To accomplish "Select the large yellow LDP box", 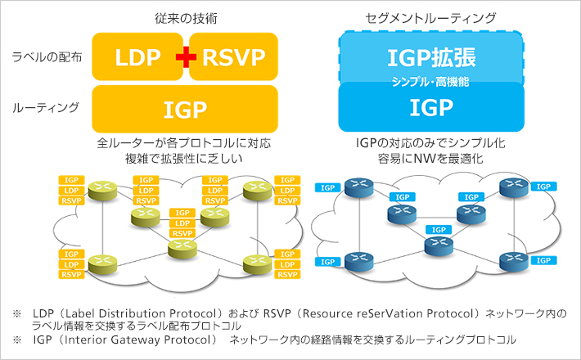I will pyautogui.click(x=137, y=57).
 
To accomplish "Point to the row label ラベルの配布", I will pyautogui.click(x=47, y=57).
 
